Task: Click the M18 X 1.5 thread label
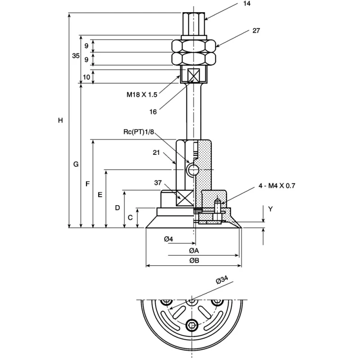pyautogui.click(x=142, y=94)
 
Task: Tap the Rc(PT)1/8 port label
pyautogui.click(x=139, y=132)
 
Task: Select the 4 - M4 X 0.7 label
pyautogui.click(x=277, y=185)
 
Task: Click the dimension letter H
pyautogui.click(x=60, y=120)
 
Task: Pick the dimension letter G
pyautogui.click(x=76, y=164)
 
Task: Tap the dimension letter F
pyautogui.click(x=87, y=184)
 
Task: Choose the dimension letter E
pyautogui.click(x=100, y=195)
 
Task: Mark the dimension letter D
pyautogui.click(x=117, y=208)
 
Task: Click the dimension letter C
pyautogui.click(x=130, y=217)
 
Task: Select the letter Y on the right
pyautogui.click(x=270, y=209)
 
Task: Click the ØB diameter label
pyautogui.click(x=194, y=261)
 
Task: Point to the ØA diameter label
pyautogui.click(x=194, y=251)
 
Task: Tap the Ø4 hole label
pyautogui.click(x=168, y=239)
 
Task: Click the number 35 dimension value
pyautogui.click(x=76, y=55)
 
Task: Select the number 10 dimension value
pyautogui.click(x=86, y=77)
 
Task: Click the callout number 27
pyautogui.click(x=256, y=31)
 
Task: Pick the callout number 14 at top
pyautogui.click(x=247, y=4)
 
